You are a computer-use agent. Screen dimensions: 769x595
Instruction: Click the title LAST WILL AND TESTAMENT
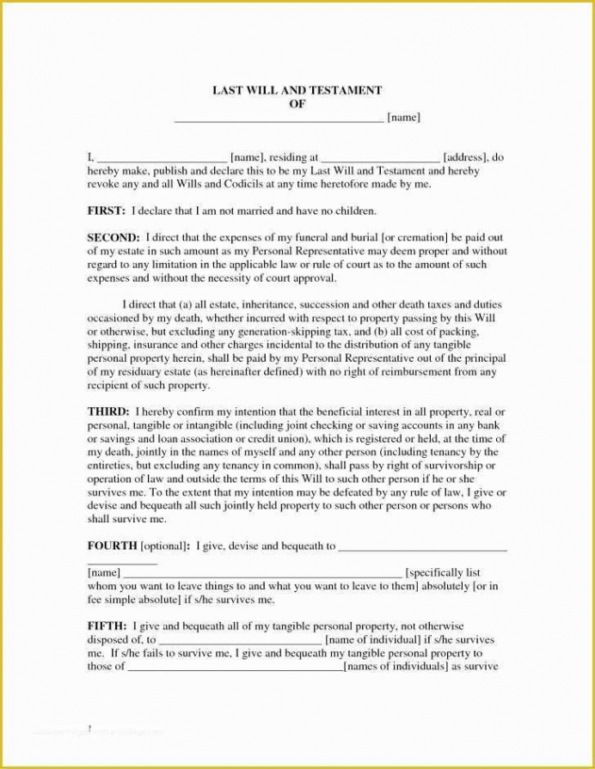click(x=297, y=90)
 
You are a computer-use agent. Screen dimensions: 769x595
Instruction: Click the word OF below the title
click(x=297, y=103)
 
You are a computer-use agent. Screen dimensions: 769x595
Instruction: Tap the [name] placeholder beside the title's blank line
click(x=403, y=117)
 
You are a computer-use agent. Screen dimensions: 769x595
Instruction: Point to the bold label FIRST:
click(x=107, y=210)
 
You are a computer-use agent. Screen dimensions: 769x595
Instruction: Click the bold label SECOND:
click(x=113, y=236)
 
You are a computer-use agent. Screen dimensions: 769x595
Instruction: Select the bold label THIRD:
click(x=108, y=412)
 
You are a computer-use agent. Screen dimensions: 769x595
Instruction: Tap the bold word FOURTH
click(x=112, y=546)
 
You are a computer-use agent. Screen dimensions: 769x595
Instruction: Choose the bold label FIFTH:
click(x=108, y=626)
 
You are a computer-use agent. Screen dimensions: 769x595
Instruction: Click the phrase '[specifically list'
click(x=443, y=572)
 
